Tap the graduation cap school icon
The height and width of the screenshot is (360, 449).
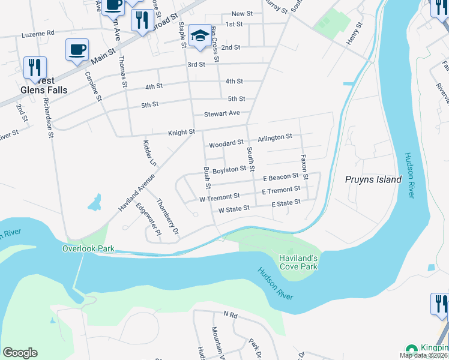click(200, 36)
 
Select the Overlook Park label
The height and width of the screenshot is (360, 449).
click(88, 248)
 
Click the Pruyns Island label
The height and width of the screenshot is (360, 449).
click(373, 179)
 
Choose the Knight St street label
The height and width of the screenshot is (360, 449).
click(182, 131)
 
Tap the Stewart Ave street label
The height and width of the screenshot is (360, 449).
click(221, 113)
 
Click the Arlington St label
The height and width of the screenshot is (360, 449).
click(274, 137)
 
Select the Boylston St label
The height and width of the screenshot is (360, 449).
click(229, 169)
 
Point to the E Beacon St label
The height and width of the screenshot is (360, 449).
click(281, 176)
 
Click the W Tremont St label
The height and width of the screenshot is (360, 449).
click(220, 196)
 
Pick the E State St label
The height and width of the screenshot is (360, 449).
click(285, 203)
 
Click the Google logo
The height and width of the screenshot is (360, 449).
click(20, 353)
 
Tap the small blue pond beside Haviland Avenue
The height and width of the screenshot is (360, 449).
click(94, 203)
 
